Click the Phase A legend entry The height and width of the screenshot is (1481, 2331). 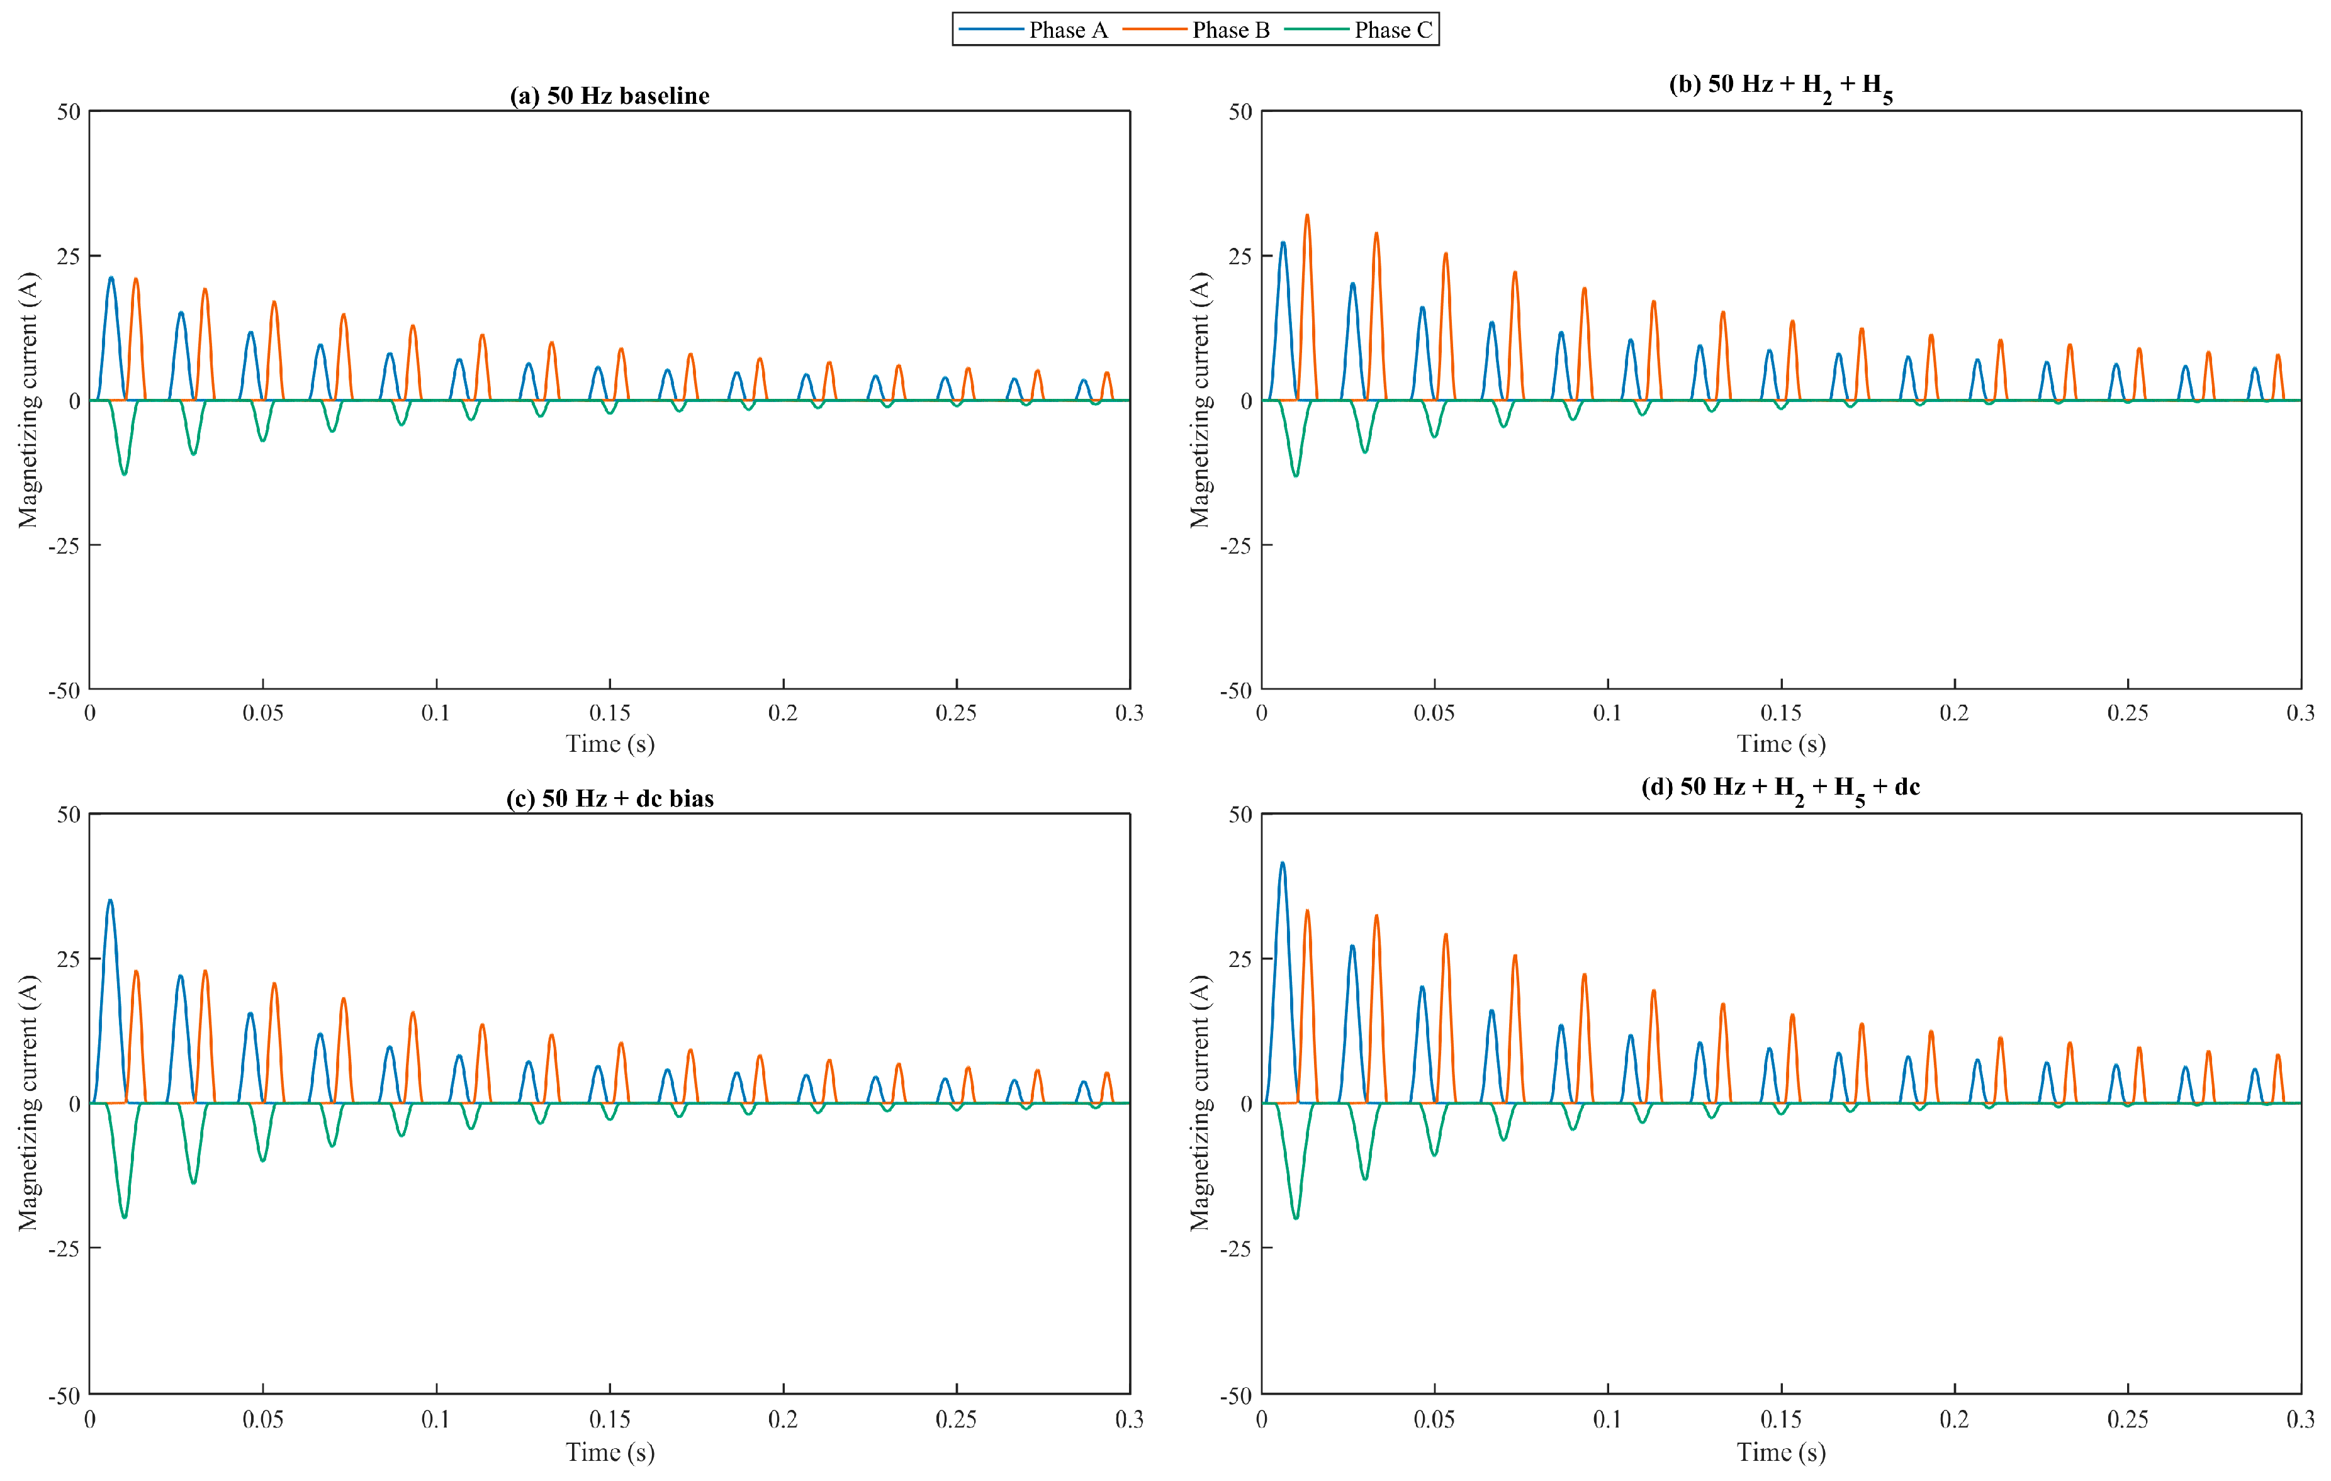[x=1032, y=30]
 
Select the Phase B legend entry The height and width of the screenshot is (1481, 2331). [x=1196, y=30]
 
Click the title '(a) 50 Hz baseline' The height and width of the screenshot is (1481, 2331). [x=610, y=96]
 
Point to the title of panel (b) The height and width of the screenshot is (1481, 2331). [x=1780, y=87]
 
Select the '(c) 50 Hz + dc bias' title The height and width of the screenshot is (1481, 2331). [x=610, y=798]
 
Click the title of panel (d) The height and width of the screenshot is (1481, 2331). [x=1780, y=790]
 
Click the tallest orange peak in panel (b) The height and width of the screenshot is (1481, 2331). [x=1307, y=216]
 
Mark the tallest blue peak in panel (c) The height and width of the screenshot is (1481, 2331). [x=110, y=901]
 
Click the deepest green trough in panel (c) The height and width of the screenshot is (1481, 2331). [x=124, y=1217]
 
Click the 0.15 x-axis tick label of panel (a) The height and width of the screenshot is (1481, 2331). [x=610, y=713]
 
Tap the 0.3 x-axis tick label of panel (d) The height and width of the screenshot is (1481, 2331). [x=2300, y=1419]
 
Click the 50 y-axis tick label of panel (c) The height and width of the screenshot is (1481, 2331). [x=69, y=815]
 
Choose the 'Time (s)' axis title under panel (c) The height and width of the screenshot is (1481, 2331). [x=610, y=1453]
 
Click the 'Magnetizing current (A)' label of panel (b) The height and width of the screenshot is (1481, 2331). [x=1200, y=400]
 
